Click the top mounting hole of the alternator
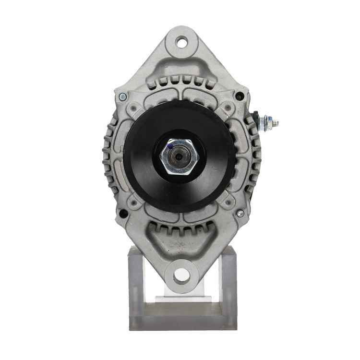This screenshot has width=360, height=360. (181, 42)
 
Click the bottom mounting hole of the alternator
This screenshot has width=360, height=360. (181, 275)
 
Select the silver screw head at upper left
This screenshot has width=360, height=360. (123, 96)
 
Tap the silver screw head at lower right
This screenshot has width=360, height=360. (240, 213)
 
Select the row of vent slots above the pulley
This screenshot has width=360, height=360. (180, 83)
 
